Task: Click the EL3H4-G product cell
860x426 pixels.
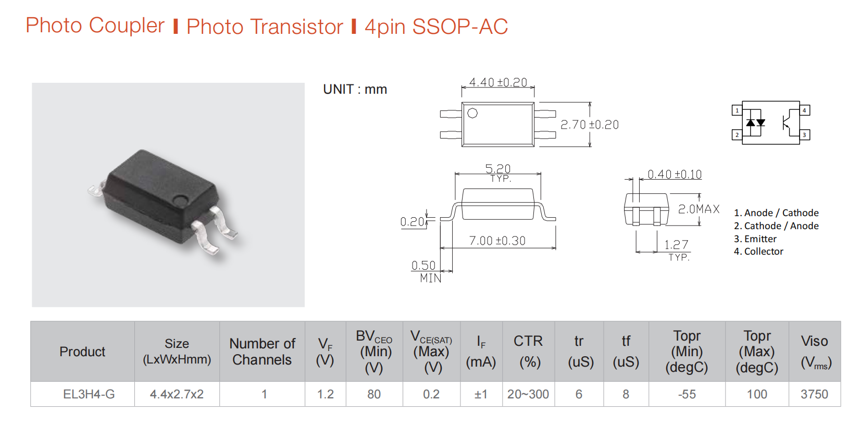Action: (x=89, y=394)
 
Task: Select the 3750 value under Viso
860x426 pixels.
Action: (x=814, y=394)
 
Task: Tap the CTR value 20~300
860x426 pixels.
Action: (x=528, y=394)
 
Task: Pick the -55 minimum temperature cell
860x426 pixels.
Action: (x=687, y=394)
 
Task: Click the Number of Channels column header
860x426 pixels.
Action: (x=262, y=352)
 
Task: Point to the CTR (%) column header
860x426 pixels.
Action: (x=528, y=352)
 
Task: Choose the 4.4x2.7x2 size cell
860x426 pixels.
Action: (x=177, y=394)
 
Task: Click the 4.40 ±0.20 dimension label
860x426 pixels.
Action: (x=498, y=82)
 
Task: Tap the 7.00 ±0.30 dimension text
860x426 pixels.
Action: (x=497, y=241)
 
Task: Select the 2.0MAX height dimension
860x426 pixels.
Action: (x=699, y=209)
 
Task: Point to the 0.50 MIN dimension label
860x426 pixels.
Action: (x=426, y=271)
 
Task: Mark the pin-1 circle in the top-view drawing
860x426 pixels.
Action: (x=472, y=113)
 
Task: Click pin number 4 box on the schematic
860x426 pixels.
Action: (x=804, y=110)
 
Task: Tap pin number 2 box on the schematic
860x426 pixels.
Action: (x=737, y=135)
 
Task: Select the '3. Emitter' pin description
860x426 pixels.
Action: (x=755, y=239)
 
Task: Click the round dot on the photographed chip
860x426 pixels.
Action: (x=180, y=199)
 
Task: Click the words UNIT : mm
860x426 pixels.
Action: (x=355, y=89)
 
